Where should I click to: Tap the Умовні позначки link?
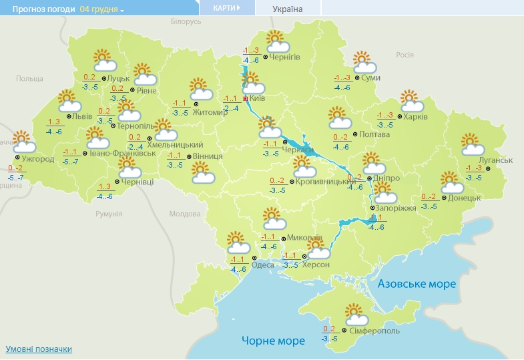click(39, 349)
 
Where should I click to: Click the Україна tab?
click(288, 9)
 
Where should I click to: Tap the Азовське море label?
click(417, 284)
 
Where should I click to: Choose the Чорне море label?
click(273, 341)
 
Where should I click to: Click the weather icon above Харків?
click(413, 101)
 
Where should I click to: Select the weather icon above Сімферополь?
click(356, 314)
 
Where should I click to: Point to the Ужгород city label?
click(38, 160)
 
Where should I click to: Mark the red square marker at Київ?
click(246, 99)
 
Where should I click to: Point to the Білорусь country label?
click(186, 22)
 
